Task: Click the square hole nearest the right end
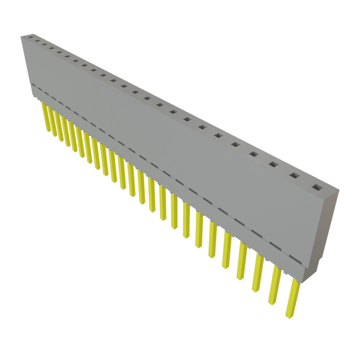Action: [317, 187]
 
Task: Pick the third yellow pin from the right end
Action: [257, 272]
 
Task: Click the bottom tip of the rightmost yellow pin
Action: [288, 317]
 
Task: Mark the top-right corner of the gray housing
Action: [339, 190]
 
